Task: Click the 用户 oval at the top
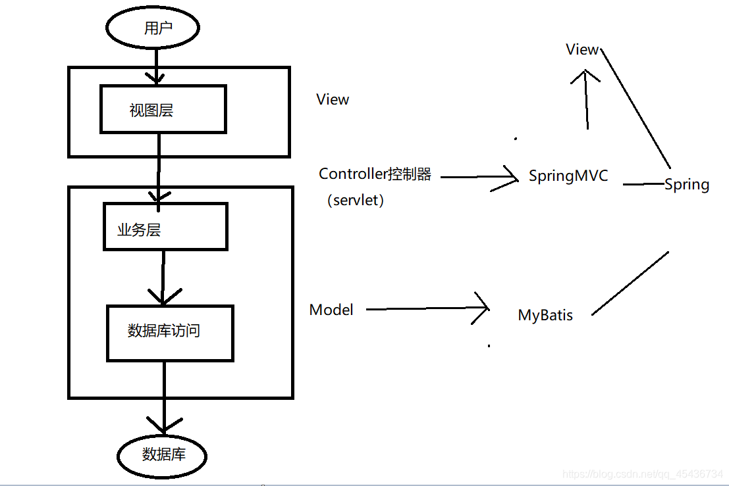tap(153, 28)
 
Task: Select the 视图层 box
tap(163, 109)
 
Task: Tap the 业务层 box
tap(165, 227)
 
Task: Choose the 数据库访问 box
tap(170, 332)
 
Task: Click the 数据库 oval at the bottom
tap(162, 454)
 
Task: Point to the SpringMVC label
tap(568, 176)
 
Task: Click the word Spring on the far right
tap(687, 185)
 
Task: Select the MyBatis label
tap(545, 316)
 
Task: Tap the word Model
tap(331, 310)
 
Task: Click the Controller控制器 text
tap(375, 174)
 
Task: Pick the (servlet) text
tap(355, 201)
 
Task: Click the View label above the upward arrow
tap(582, 49)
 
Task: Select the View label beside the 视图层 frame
tap(333, 99)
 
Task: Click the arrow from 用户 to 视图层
tap(155, 66)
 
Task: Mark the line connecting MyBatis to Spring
tap(630, 283)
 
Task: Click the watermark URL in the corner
tap(643, 474)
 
